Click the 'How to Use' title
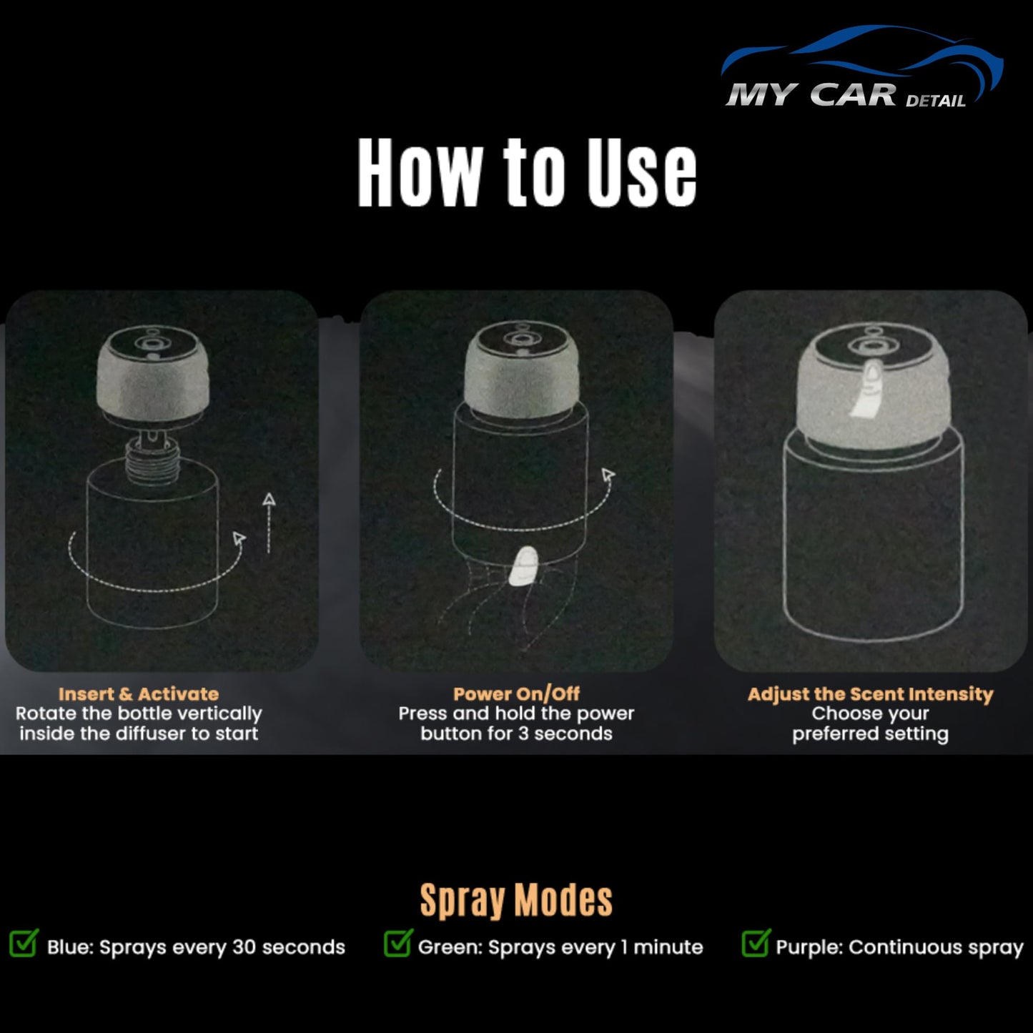527,173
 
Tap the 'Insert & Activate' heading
139,693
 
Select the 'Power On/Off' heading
516,693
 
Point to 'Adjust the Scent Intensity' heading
870,693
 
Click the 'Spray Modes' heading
516,899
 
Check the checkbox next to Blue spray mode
24,944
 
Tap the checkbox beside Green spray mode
397,944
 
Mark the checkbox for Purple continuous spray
756,944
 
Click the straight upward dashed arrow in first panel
269,522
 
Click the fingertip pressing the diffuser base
525,566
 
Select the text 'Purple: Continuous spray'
899,947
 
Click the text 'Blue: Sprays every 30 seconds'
196,947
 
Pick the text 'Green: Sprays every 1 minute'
560,947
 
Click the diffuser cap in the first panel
153,372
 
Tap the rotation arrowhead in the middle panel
608,475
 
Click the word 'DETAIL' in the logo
935,101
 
